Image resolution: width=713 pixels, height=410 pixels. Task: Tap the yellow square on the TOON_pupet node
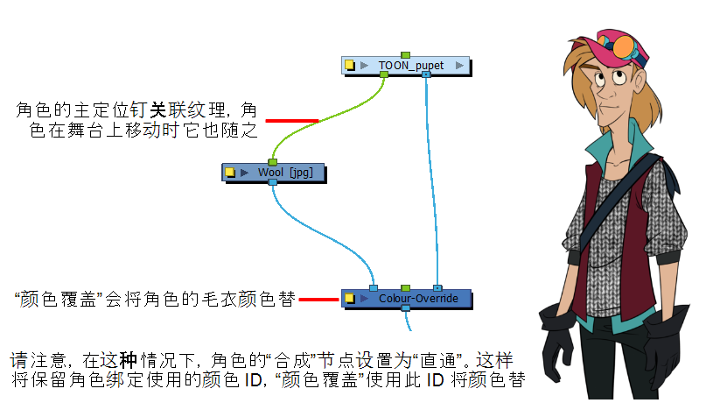[x=349, y=66]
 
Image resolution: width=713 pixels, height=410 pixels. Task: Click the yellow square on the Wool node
[x=230, y=173]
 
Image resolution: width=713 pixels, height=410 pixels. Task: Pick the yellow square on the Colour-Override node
[x=349, y=299]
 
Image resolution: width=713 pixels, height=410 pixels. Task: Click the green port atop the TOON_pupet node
[x=405, y=54]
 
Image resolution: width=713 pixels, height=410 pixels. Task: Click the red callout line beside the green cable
[x=291, y=121]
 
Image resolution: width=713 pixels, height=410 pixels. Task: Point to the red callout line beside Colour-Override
[x=319, y=300]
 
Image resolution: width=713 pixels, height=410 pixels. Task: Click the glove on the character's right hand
[x=559, y=337]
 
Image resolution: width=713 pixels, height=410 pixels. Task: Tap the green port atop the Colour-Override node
[x=405, y=287]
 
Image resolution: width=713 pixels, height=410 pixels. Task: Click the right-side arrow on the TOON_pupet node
[x=459, y=66]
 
